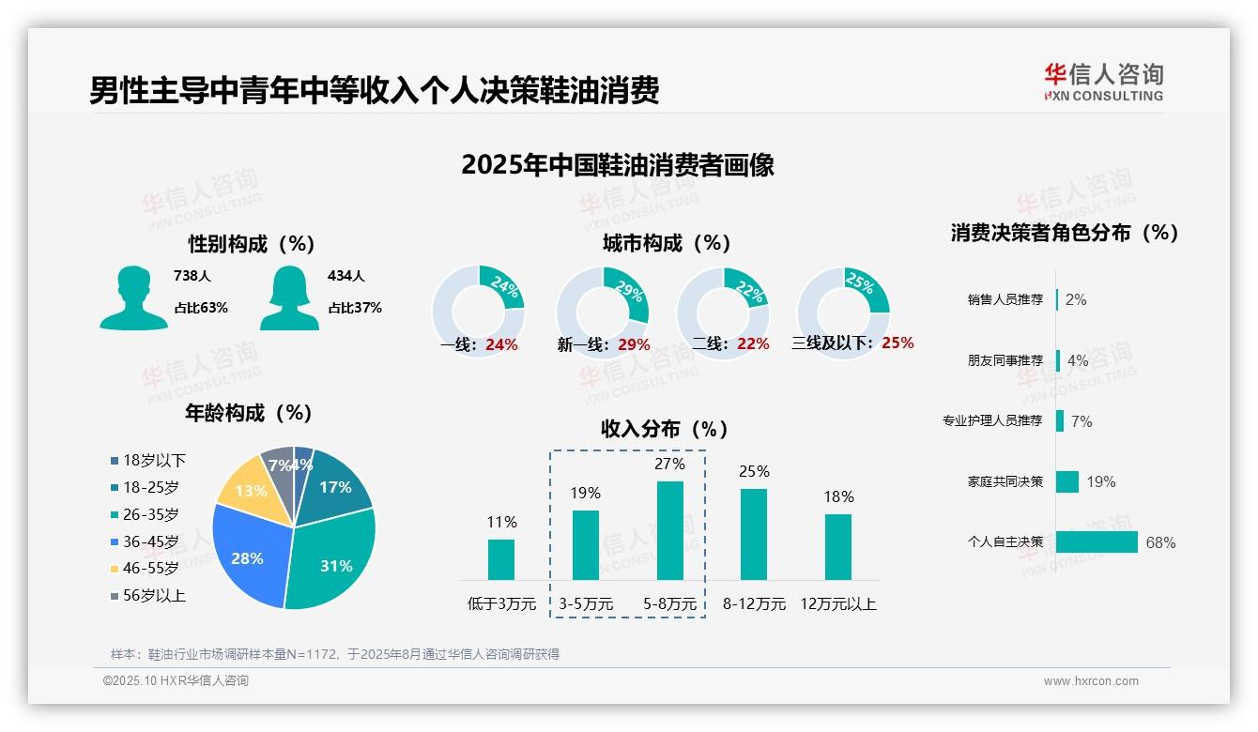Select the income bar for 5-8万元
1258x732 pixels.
(669, 530)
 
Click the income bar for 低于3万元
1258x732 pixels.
(501, 559)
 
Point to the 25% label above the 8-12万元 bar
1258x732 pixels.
(754, 472)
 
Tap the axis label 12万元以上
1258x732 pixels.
(838, 604)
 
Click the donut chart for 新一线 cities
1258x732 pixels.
(602, 312)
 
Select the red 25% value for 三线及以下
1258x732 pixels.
(897, 343)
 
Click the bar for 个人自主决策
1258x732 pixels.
(1096, 542)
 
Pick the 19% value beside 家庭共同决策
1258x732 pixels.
(1101, 482)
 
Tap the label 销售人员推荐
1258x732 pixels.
(1005, 300)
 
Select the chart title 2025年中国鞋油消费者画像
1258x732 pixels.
(617, 165)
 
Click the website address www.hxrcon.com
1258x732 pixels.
(1091, 681)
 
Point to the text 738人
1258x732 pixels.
(192, 277)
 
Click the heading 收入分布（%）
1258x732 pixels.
(665, 430)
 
